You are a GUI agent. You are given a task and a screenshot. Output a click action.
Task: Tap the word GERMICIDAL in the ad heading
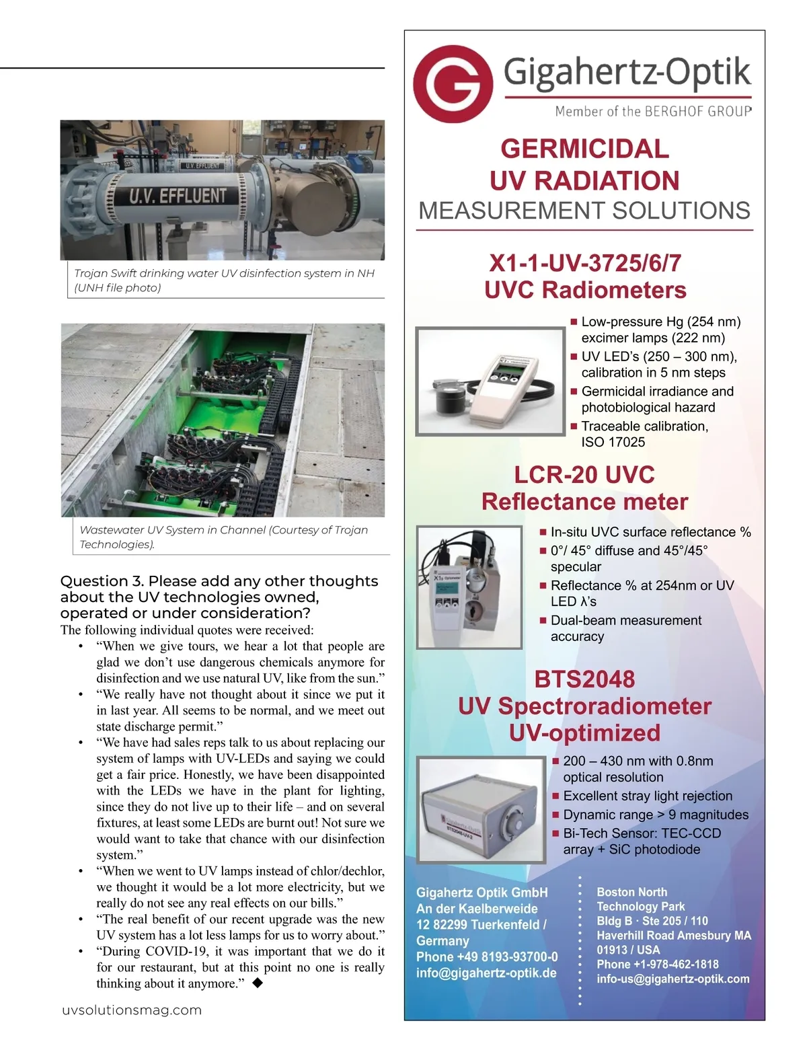(584, 149)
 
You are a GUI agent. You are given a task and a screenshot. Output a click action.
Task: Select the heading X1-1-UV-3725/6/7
(584, 262)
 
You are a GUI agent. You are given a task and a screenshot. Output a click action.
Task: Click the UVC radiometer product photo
(490, 381)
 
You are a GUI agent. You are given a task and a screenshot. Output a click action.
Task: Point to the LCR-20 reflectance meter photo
(469, 587)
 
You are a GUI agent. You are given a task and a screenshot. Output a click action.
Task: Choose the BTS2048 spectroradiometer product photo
(480, 809)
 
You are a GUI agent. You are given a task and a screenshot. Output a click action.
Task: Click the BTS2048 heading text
(584, 679)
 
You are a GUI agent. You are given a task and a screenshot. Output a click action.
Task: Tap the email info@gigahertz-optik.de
(486, 973)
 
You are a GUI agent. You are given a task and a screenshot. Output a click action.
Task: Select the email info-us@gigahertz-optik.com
(672, 979)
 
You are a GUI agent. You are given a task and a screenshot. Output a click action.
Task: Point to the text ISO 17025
(613, 442)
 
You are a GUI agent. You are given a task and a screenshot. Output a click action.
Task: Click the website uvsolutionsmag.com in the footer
(132, 1010)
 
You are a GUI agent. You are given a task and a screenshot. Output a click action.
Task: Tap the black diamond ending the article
(257, 983)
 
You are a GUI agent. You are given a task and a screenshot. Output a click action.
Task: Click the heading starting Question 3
(219, 597)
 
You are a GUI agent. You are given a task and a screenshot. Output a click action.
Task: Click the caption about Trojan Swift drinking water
(224, 280)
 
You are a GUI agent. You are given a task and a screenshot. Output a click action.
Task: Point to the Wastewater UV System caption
(224, 537)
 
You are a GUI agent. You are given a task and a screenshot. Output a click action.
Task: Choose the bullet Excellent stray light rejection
(647, 796)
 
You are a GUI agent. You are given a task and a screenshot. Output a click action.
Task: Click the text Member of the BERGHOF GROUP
(652, 111)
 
